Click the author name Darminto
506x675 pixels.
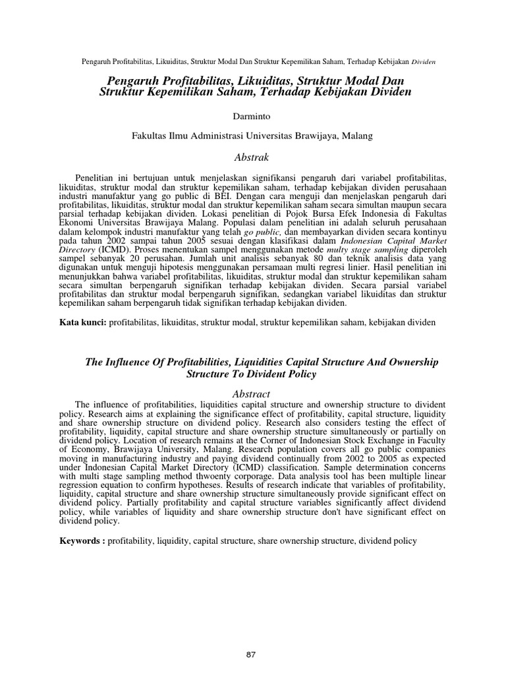click(252, 116)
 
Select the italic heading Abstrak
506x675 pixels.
click(252, 157)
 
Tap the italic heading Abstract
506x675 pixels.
click(252, 393)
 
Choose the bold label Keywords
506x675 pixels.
click(82, 541)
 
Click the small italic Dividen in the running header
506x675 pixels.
click(424, 62)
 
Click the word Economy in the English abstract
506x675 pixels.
click(87, 447)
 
